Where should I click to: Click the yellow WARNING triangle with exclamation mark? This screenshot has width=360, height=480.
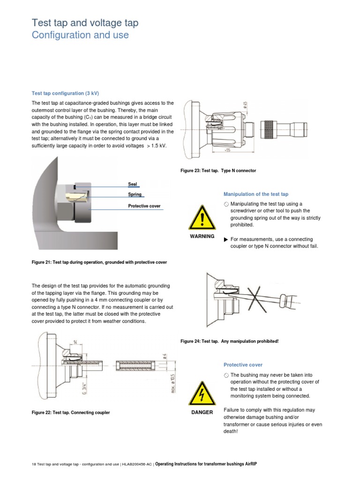tap(202, 217)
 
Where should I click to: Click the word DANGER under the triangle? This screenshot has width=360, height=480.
tap(202, 412)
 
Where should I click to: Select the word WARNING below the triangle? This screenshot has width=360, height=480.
tap(202, 236)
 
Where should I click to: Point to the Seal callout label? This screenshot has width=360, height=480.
tap(132, 184)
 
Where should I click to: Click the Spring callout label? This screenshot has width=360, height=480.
tap(135, 194)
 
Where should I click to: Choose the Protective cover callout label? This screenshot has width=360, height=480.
tap(144, 206)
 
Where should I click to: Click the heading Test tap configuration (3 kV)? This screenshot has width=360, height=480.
tap(65, 92)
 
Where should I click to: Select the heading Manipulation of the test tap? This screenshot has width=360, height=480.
tap(256, 194)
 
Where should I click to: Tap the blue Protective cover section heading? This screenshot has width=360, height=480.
tap(243, 365)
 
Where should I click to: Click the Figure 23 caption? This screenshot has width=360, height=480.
tap(218, 171)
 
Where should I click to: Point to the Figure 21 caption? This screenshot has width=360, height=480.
tap(99, 262)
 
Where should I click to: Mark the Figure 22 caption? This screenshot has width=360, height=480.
tap(71, 412)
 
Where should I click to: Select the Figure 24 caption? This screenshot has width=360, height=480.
tap(230, 341)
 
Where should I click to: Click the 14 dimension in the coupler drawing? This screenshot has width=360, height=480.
tap(75, 342)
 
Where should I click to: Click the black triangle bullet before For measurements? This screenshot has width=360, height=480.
tap(226, 240)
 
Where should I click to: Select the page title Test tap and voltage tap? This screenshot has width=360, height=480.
tap(85, 23)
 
